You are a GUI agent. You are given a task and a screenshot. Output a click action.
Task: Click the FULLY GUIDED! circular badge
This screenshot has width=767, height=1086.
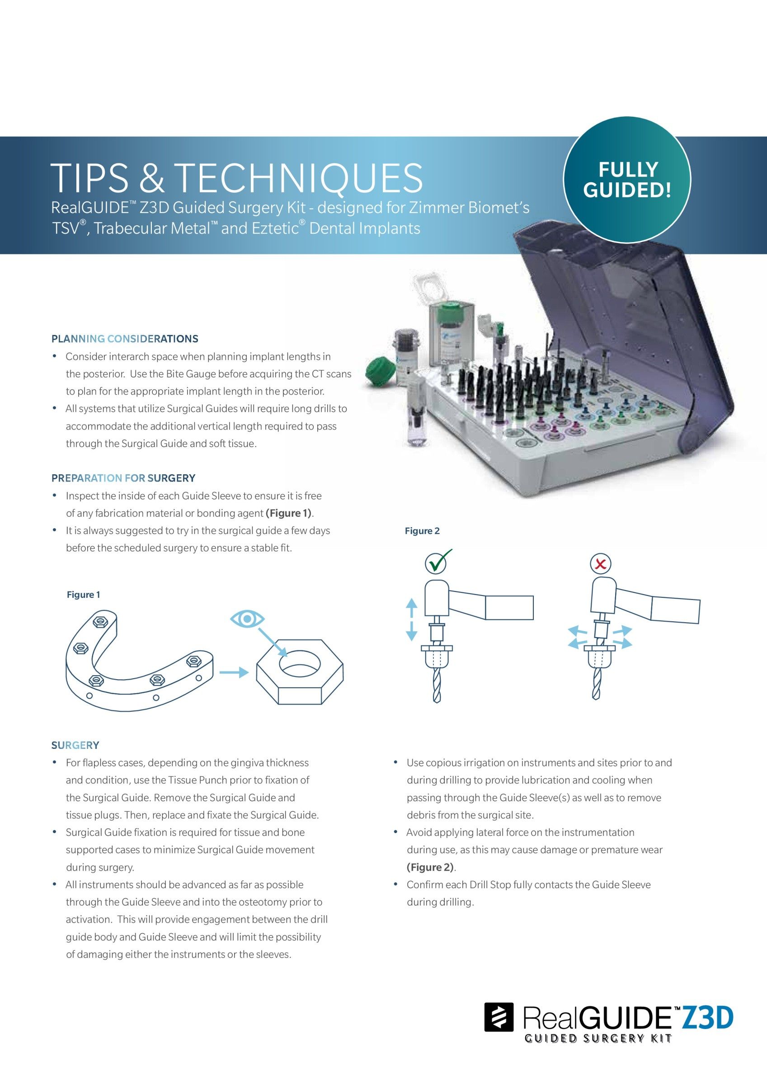(x=627, y=180)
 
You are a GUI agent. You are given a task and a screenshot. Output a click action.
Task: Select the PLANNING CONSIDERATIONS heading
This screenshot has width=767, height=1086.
(x=125, y=338)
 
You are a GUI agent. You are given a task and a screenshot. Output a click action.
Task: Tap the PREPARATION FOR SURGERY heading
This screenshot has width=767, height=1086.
(x=123, y=478)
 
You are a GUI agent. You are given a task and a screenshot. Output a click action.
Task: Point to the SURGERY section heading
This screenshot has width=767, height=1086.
(x=75, y=745)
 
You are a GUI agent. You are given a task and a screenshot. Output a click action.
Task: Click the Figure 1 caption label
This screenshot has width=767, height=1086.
(x=83, y=595)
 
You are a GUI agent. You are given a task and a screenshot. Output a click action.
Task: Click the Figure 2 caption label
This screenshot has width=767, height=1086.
(x=422, y=531)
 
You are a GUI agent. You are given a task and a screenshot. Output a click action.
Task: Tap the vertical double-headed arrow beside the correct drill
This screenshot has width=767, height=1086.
(x=412, y=619)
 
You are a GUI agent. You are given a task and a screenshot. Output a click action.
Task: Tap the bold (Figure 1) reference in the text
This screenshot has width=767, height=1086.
(x=289, y=513)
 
